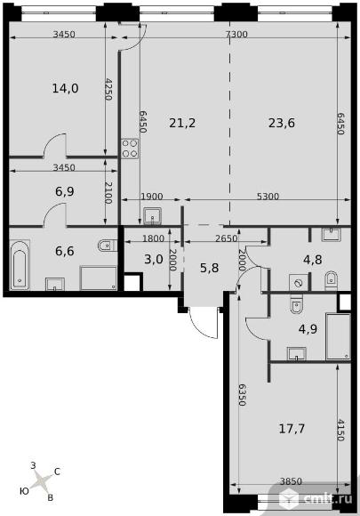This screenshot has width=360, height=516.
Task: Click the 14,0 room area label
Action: tap(65, 88)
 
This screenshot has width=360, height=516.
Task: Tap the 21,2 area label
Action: tap(182, 123)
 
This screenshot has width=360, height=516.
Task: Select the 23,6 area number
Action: tap(282, 123)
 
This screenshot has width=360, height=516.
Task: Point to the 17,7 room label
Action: tap(292, 429)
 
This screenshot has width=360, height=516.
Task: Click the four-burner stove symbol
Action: tap(130, 149)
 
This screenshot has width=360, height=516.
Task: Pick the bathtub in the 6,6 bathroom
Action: tap(20, 265)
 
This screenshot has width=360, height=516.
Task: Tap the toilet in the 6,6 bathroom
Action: tap(107, 246)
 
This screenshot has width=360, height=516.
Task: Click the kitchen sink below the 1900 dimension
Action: tap(153, 216)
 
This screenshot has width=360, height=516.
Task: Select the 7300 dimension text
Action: tap(236, 34)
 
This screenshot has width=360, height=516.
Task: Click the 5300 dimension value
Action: tap(268, 197)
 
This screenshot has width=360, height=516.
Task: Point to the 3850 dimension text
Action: tap(291, 481)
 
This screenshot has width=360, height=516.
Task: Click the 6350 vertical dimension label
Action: tap(242, 395)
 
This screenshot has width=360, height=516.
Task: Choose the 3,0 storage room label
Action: tap(154, 259)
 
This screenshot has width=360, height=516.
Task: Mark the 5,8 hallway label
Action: tap(210, 268)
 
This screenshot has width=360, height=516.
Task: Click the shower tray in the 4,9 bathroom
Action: tap(338, 336)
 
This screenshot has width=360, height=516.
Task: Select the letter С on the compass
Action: tap(57, 472)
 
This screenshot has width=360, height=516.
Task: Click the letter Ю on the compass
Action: tap(24, 491)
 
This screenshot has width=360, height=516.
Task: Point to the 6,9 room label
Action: tap(64, 191)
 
